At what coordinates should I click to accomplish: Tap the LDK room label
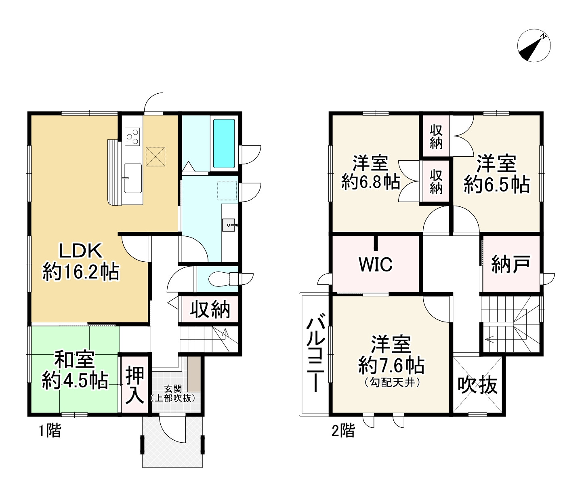point(80,261)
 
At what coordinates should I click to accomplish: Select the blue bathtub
point(224,143)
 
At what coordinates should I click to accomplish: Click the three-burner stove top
point(132,136)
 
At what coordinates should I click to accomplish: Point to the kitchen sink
point(132,178)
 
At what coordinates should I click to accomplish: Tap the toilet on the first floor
point(223,279)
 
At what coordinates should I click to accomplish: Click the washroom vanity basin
point(228,225)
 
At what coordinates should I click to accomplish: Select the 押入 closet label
point(135,385)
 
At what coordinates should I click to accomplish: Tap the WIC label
point(375,264)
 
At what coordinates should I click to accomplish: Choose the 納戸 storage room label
point(510,264)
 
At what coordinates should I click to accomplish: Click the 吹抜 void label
point(477,385)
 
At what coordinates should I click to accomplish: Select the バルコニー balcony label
point(316,353)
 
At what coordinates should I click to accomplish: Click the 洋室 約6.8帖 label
point(370,172)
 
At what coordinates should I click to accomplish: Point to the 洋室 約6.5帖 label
point(496,175)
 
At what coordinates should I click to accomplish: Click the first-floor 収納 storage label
point(210,310)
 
